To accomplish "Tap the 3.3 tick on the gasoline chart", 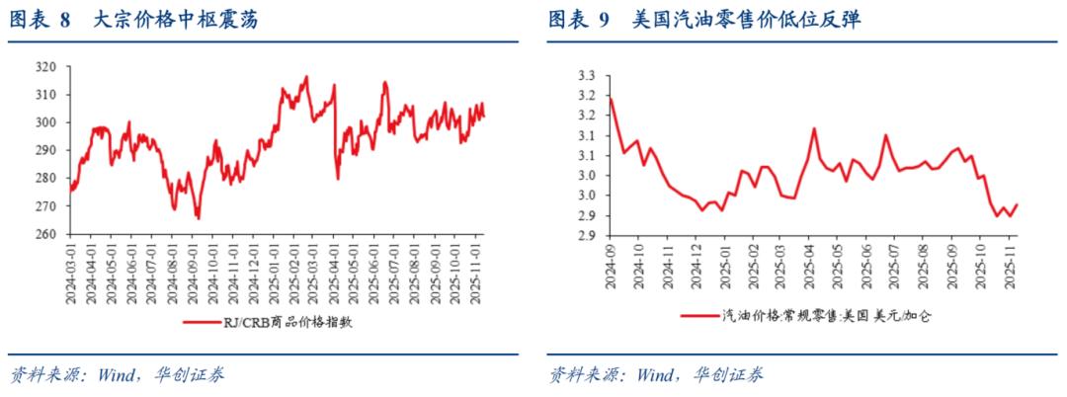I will (x=587, y=75).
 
